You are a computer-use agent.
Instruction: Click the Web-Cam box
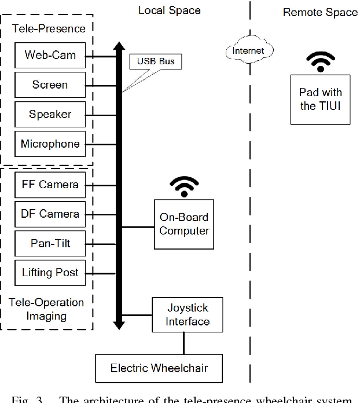50,56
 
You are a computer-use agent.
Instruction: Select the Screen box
50,85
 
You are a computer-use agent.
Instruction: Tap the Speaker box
50,115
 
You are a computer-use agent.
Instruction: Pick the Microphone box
50,144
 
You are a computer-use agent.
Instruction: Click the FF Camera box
50,185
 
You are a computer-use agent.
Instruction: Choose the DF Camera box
50,214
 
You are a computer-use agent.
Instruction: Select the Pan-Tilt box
50,243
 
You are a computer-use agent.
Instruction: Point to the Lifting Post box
50,272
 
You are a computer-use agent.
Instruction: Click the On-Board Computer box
184,225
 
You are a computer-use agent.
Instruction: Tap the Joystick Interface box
184,315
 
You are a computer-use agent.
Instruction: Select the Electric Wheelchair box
159,368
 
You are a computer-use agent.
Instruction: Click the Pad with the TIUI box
320,99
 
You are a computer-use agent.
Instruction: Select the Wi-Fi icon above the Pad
320,61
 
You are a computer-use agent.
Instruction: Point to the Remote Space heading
319,12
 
